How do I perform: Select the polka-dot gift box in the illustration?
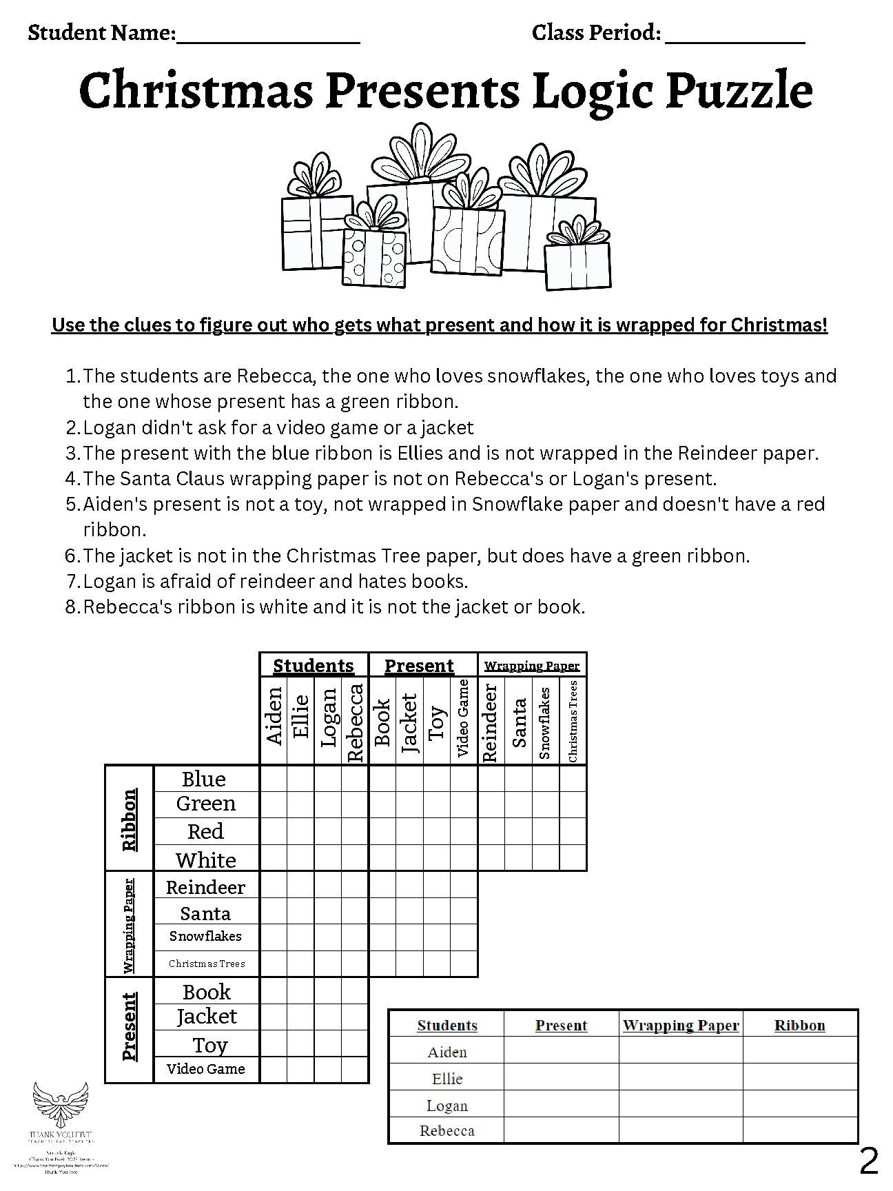[374, 256]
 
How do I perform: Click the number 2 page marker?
[869, 1162]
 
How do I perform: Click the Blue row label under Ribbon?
[204, 779]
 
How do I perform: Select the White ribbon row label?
[205, 859]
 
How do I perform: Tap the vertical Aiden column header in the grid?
[274, 715]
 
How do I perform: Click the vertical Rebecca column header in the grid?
[355, 722]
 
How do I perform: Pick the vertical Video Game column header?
[463, 718]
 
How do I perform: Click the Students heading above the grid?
[314, 666]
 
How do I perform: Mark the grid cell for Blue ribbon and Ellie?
[300, 779]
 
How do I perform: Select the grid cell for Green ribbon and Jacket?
[409, 805]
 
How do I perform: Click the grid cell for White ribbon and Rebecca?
[355, 858]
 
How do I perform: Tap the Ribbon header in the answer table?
[799, 1025]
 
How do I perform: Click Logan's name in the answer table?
[447, 1106]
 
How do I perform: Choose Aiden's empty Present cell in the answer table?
[561, 1052]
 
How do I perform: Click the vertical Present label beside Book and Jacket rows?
[129, 1026]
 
